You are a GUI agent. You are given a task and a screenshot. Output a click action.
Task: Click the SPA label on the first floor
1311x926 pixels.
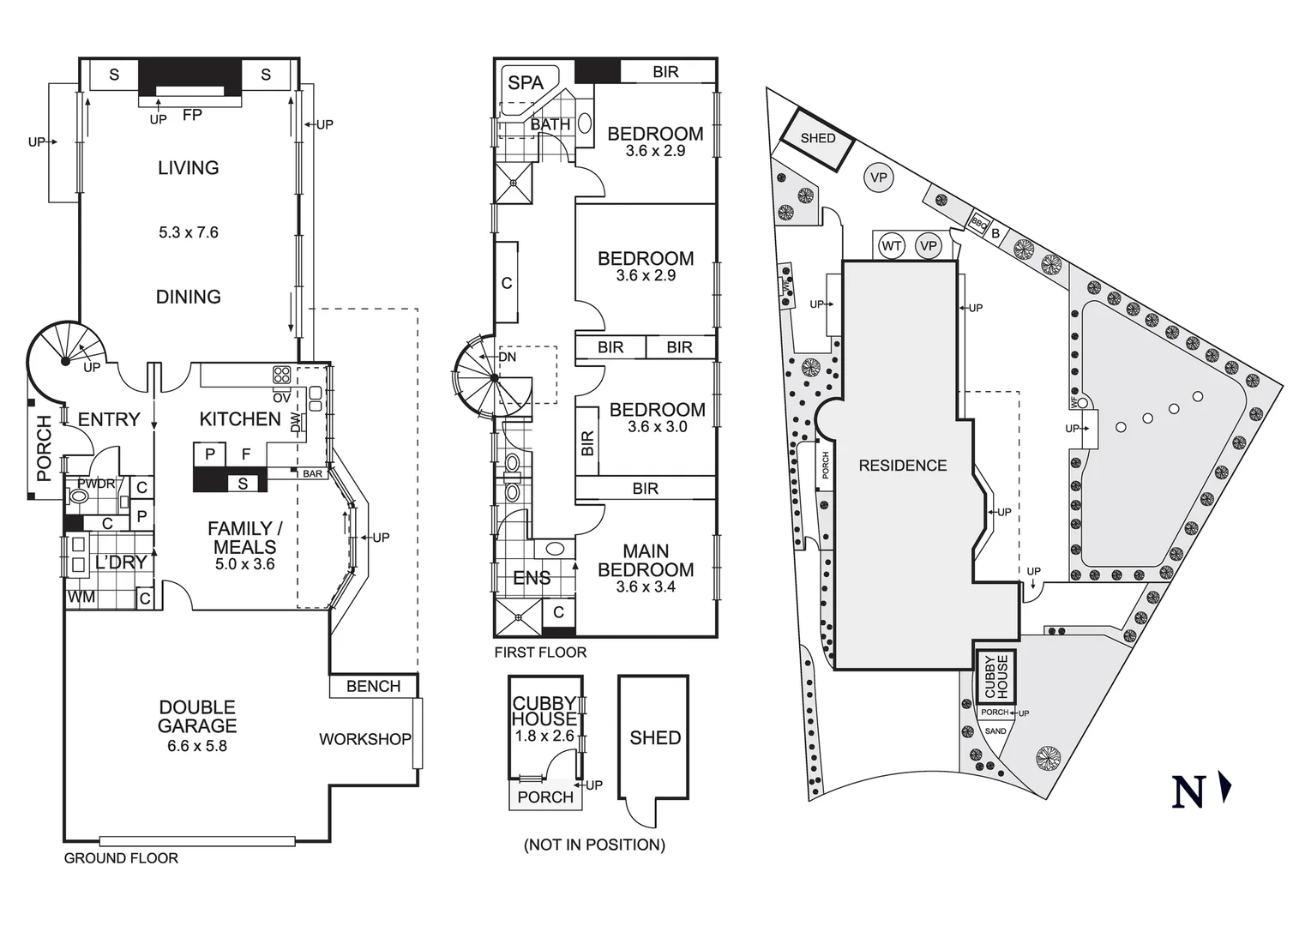tap(526, 82)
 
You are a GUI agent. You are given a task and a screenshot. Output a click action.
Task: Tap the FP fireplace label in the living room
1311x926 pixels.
tap(192, 114)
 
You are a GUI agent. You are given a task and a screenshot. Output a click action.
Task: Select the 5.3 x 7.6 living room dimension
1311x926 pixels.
tap(189, 232)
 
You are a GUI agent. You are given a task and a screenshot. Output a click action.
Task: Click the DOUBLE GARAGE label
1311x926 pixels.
tap(197, 717)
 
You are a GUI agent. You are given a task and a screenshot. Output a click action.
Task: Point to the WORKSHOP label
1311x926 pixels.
tap(364, 739)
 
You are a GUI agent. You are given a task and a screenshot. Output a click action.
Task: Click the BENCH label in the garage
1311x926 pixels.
tap(373, 686)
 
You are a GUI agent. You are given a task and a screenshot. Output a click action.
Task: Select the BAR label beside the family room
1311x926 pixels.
tap(312, 473)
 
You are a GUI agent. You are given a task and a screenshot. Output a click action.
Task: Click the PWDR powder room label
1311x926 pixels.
tap(96, 484)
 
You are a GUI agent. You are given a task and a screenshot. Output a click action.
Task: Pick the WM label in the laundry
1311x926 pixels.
tap(81, 597)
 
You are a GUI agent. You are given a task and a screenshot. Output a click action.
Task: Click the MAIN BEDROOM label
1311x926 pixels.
tap(646, 561)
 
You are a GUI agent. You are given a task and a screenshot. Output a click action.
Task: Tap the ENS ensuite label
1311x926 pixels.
tap(531, 578)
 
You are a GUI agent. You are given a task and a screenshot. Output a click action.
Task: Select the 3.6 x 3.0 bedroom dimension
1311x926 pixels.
tap(657, 427)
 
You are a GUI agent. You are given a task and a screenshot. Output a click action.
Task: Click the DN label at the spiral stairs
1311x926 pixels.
tap(508, 357)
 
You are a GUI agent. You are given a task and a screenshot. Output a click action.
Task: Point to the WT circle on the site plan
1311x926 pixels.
tap(892, 246)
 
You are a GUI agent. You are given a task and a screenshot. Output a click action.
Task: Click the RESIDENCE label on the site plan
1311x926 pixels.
tap(903, 466)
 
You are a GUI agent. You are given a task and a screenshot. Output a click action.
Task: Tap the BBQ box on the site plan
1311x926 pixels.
tap(979, 222)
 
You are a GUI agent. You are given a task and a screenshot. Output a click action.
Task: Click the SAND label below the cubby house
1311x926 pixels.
tap(995, 731)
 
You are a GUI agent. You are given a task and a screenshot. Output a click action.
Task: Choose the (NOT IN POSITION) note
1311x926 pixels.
tap(594, 845)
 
